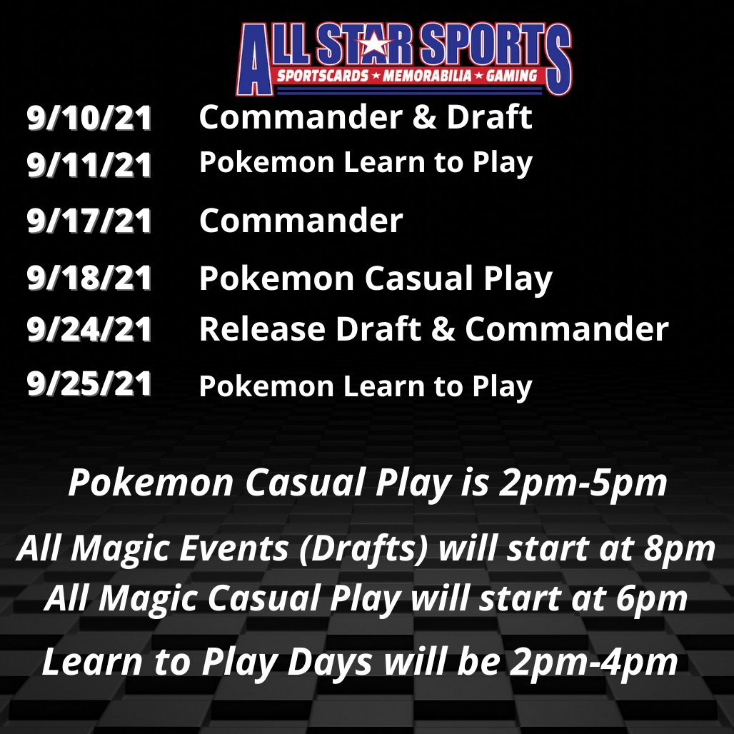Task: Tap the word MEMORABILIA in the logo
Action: click(x=427, y=76)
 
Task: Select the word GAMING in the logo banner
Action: click(x=512, y=76)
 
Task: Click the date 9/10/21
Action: click(x=89, y=118)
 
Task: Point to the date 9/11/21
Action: click(x=89, y=165)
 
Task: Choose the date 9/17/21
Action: click(x=89, y=221)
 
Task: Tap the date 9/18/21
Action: click(x=89, y=278)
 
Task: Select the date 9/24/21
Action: click(x=89, y=329)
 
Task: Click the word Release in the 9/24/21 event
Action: click(x=262, y=329)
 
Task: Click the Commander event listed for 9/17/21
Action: click(x=301, y=220)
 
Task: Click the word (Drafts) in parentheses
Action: click(x=363, y=548)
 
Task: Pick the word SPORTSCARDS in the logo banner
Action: click(x=323, y=76)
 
